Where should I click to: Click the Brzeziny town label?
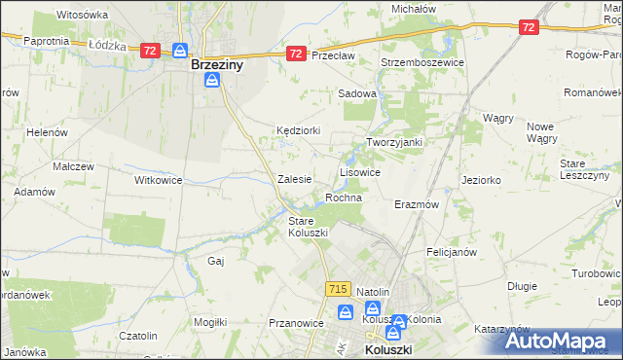(x=216, y=65)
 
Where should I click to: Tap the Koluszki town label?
(x=390, y=349)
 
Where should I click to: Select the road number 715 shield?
(x=338, y=289)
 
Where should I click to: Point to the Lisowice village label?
(x=359, y=172)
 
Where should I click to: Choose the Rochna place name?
(x=344, y=198)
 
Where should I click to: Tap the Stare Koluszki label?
(x=308, y=227)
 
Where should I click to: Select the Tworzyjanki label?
(x=393, y=142)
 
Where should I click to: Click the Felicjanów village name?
(x=451, y=252)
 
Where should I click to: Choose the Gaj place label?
(x=216, y=261)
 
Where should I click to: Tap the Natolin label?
(x=373, y=292)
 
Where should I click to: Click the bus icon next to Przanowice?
(x=344, y=312)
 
